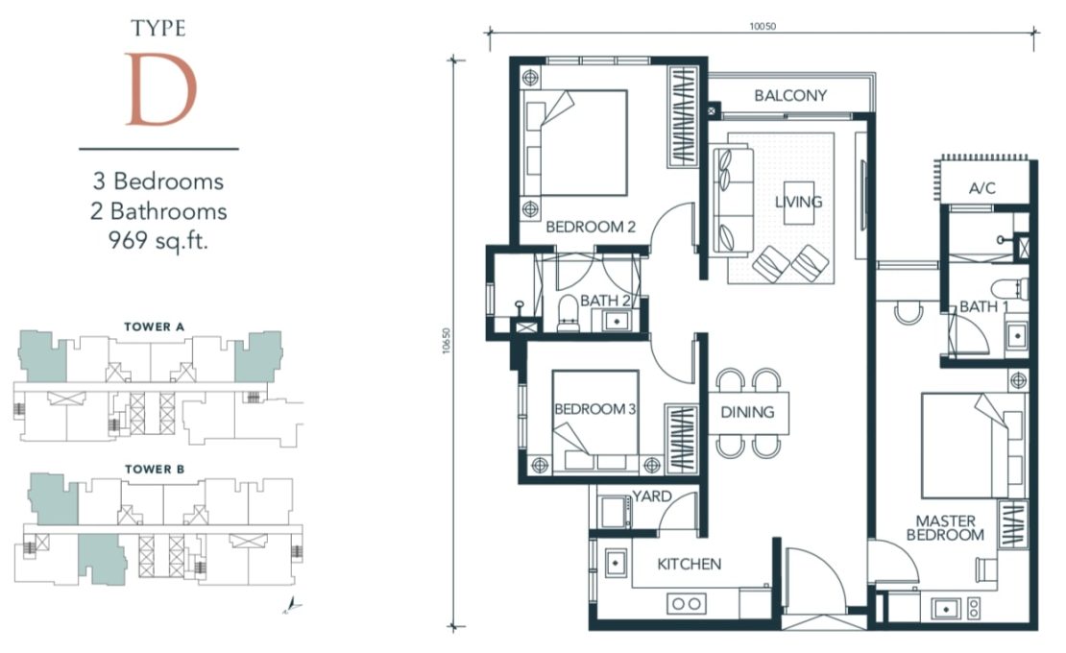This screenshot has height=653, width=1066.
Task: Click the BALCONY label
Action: click(x=790, y=96)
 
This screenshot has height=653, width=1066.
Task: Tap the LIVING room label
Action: click(x=798, y=202)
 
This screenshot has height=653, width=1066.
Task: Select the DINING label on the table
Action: click(x=747, y=412)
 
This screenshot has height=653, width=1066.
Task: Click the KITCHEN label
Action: click(x=689, y=564)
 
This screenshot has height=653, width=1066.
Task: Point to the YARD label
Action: click(x=652, y=496)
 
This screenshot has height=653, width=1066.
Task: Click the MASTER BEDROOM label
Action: click(x=946, y=528)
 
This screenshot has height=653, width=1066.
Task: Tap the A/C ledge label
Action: click(x=982, y=188)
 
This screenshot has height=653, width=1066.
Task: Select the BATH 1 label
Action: click(x=983, y=307)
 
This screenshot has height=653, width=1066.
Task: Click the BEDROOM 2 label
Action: click(x=591, y=227)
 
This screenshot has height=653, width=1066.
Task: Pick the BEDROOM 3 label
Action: click(x=594, y=409)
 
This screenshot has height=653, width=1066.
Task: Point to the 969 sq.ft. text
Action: click(x=158, y=240)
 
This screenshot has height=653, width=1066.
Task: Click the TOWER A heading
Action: click(x=155, y=326)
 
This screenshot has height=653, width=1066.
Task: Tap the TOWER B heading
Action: click(x=155, y=469)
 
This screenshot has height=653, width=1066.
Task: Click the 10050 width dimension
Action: click(x=763, y=27)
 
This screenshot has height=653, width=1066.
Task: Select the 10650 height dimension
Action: click(x=447, y=341)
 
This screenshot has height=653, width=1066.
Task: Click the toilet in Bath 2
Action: click(x=569, y=314)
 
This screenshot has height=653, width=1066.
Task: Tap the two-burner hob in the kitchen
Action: click(x=687, y=603)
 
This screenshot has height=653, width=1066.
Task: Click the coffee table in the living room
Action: click(x=798, y=204)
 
